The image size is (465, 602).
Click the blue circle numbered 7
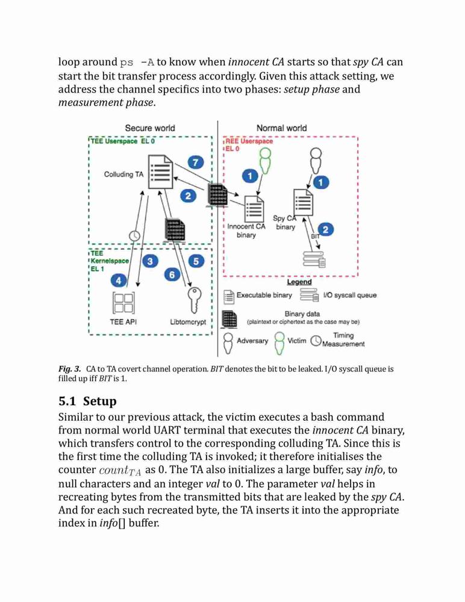196,162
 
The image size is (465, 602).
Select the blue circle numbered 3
150,261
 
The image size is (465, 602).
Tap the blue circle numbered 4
119,281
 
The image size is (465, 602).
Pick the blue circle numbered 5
196,261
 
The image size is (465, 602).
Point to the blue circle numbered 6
172,275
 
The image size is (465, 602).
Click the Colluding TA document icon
161,172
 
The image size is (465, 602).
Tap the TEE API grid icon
123,303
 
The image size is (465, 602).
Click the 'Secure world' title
150,128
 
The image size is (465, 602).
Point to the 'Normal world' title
282,128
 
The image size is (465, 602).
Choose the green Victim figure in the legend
279,342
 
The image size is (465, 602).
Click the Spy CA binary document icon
303,202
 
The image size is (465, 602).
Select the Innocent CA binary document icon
254,208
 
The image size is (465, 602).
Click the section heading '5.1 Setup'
87,401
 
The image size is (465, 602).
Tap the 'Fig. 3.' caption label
69,370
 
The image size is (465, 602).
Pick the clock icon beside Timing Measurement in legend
316,341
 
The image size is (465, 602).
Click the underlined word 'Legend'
299,282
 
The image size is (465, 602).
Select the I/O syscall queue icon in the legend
310,295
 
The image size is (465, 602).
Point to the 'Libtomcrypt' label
189,322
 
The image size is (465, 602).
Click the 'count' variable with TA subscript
120,471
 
